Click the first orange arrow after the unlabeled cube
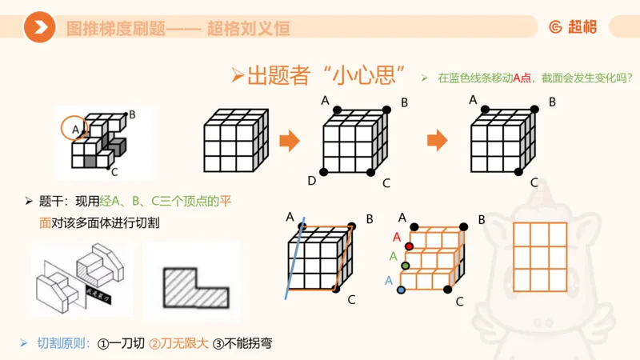(x=289, y=141)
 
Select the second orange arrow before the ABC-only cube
(x=437, y=141)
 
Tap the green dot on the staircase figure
(x=406, y=265)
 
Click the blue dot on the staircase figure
(x=401, y=289)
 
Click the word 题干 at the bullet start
(x=50, y=201)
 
